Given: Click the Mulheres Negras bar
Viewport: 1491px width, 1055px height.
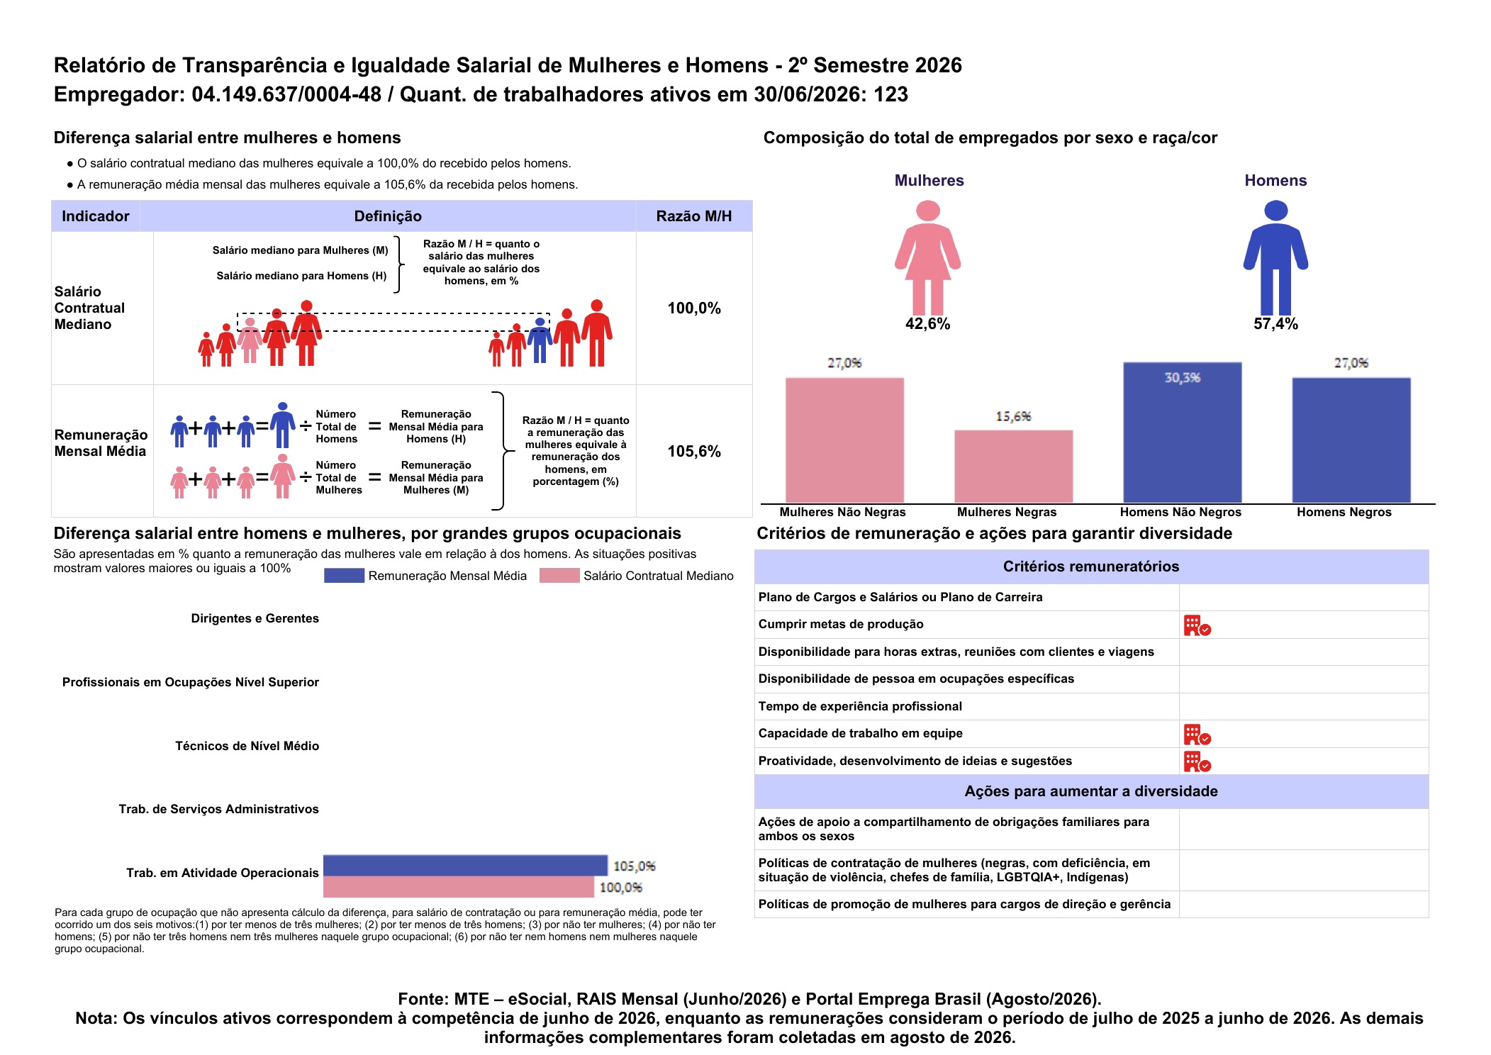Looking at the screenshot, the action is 1013,467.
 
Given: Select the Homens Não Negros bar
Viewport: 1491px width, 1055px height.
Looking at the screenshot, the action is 1182,432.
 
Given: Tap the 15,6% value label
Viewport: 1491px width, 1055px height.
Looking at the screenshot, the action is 1013,416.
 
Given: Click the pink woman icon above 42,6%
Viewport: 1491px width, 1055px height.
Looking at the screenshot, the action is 927,257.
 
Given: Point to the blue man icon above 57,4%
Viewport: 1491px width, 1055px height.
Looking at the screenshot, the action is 1275,257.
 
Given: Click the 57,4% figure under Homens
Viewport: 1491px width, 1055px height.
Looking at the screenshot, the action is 1275,324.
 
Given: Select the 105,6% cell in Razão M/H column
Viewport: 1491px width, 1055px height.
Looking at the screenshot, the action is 694,452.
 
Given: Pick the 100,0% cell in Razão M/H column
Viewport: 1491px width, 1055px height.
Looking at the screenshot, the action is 694,308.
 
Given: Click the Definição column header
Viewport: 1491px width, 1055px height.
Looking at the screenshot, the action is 388,216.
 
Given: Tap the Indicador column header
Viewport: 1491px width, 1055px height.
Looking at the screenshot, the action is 96,216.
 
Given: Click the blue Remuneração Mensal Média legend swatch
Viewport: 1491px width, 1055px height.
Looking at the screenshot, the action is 344,576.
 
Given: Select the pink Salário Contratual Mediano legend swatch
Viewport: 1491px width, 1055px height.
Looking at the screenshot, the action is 559,576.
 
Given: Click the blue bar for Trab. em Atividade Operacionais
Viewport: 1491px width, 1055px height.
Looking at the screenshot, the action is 465,866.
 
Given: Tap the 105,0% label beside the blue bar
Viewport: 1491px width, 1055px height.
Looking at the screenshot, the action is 635,866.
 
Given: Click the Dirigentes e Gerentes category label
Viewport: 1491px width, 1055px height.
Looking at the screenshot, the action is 255,618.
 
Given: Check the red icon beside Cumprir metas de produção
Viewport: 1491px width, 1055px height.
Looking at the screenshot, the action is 1197,625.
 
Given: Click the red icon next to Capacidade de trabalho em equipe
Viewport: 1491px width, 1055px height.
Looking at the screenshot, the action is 1197,735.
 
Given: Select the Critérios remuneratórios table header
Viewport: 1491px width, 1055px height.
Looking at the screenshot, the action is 1091,566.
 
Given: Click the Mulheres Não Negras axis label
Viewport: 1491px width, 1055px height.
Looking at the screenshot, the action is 842,512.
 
